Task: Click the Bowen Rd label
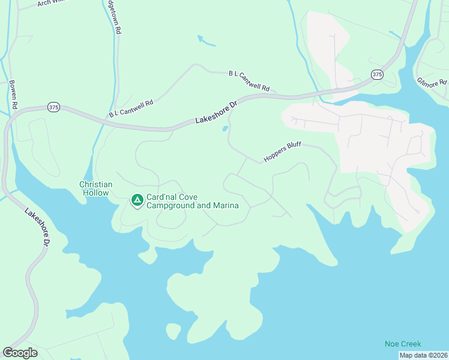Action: coord(14,94)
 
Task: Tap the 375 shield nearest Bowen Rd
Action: coord(54,107)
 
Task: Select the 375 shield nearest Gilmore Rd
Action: coord(376,74)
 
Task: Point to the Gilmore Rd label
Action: coord(432,82)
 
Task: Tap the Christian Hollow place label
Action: coord(95,188)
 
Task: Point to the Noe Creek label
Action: coord(403,344)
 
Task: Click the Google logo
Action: coord(20,353)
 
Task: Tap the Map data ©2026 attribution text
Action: coord(423,355)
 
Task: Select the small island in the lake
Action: coord(173,331)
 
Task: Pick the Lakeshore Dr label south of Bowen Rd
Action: coord(38,227)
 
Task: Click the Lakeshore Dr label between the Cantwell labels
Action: coord(217,112)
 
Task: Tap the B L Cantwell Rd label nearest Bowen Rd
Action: coord(131,108)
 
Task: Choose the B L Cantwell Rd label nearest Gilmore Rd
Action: coord(249,81)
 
